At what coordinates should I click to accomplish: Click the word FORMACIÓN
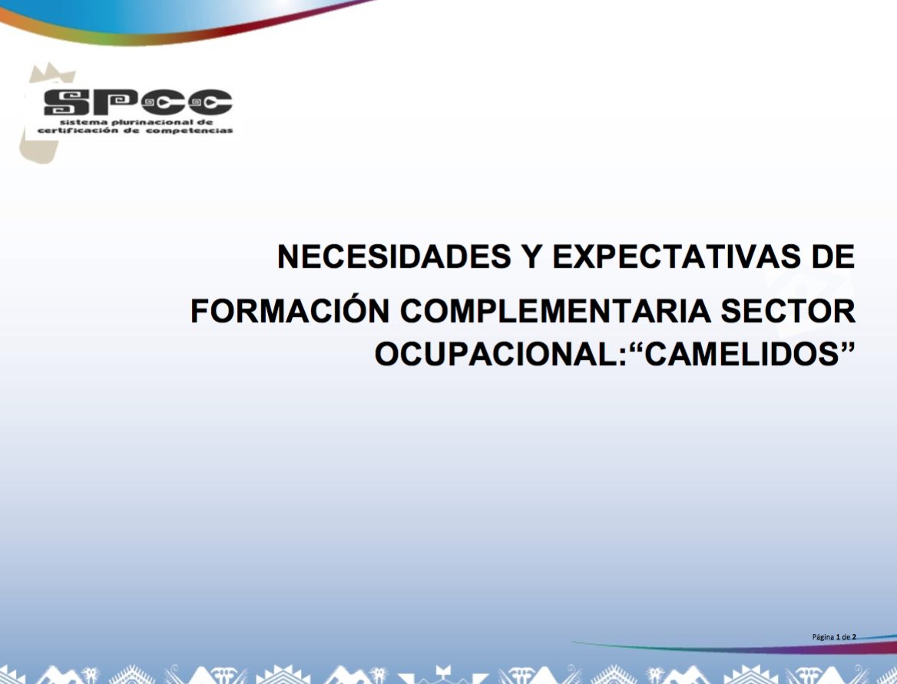tap(290, 311)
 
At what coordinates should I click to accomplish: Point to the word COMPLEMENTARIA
tap(555, 311)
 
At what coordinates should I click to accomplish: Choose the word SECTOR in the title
tap(788, 311)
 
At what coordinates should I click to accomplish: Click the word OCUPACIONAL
tap(498, 355)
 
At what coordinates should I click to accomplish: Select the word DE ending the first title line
tap(833, 256)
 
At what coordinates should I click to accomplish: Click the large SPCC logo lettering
tap(138, 103)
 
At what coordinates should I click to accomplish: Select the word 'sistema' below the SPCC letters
tap(84, 122)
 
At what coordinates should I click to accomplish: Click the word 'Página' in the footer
tap(823, 637)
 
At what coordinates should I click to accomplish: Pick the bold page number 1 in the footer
tap(838, 636)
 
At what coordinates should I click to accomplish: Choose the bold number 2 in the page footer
tap(854, 636)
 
